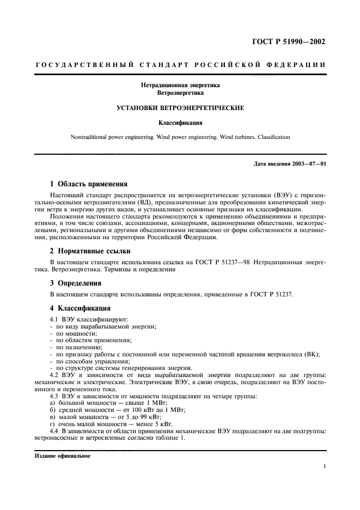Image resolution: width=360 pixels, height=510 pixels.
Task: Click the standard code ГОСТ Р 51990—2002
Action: pyautogui.click(x=292, y=42)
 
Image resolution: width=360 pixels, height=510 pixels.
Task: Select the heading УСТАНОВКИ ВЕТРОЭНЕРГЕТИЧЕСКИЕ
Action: pyautogui.click(x=180, y=108)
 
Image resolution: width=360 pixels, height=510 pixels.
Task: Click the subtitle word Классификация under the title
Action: pyautogui.click(x=180, y=123)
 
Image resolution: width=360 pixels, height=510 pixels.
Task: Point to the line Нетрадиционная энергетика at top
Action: pyautogui.click(x=180, y=85)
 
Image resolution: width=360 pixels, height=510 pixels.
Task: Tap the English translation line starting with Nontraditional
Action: pyautogui.click(x=180, y=137)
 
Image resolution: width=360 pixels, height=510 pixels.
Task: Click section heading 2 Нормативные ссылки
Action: pyautogui.click(x=90, y=252)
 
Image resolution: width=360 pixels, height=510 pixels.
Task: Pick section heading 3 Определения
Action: pyautogui.click(x=76, y=283)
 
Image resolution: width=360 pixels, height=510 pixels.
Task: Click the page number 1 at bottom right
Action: pyautogui.click(x=324, y=466)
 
